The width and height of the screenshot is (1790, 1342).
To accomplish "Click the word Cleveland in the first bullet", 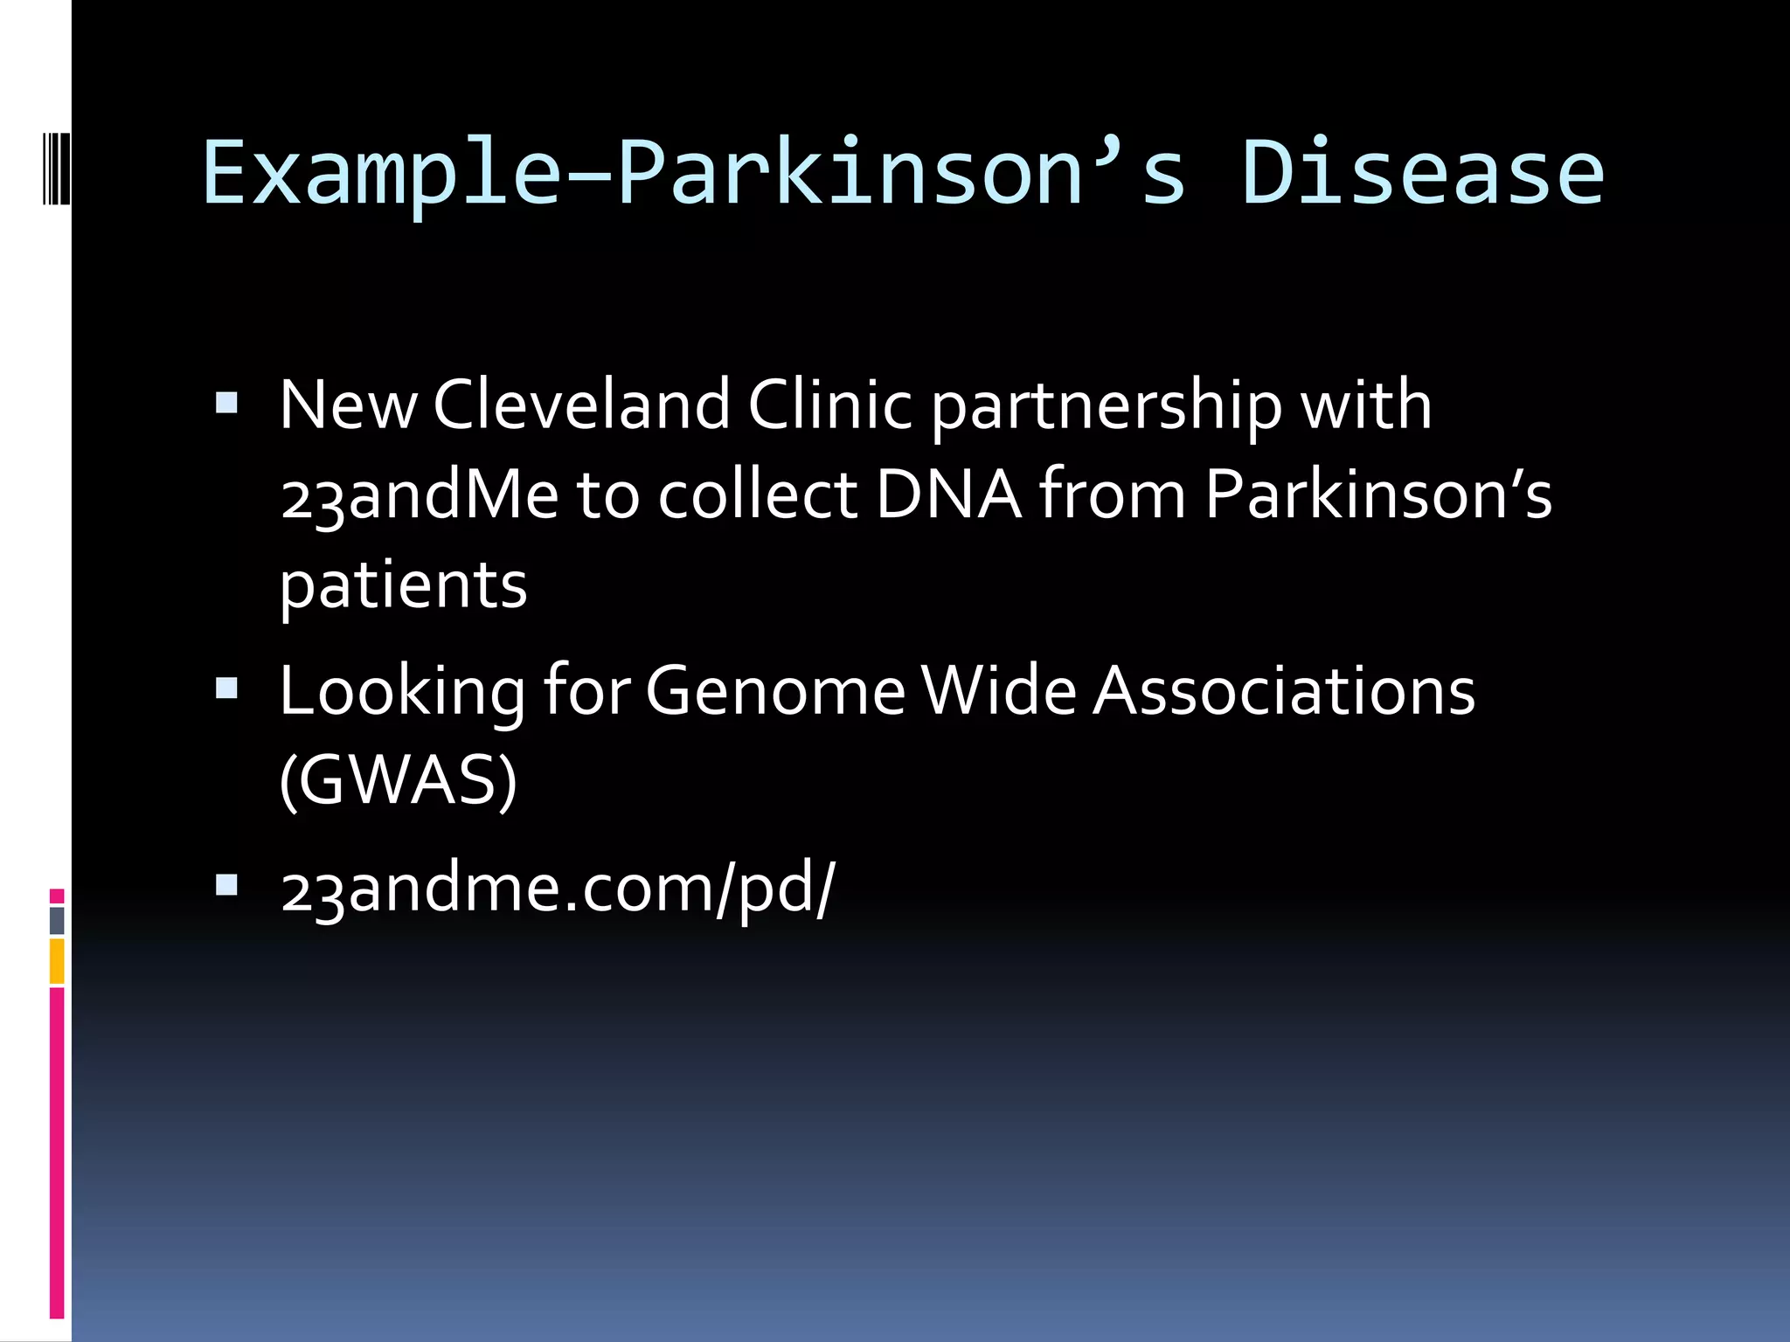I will [581, 405].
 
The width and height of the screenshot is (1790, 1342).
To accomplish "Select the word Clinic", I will [829, 405].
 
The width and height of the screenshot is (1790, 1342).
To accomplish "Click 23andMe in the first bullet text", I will [420, 495].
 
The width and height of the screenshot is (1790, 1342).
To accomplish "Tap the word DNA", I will [947, 495].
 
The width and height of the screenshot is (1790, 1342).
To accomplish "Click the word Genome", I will [775, 691].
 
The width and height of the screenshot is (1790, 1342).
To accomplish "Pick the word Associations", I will [1284, 691].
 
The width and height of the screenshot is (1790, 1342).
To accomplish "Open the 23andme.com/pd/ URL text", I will [558, 889].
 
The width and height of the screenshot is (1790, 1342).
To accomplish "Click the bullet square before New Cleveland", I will [226, 403].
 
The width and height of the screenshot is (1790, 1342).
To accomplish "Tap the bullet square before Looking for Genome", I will [226, 689].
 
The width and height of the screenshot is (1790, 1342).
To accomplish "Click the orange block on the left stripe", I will [57, 961].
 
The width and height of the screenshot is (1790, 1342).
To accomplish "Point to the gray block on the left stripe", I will [57, 920].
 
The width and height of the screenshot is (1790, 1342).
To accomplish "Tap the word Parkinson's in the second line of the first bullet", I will [1377, 495].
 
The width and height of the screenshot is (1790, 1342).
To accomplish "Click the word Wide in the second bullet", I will [998, 691].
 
